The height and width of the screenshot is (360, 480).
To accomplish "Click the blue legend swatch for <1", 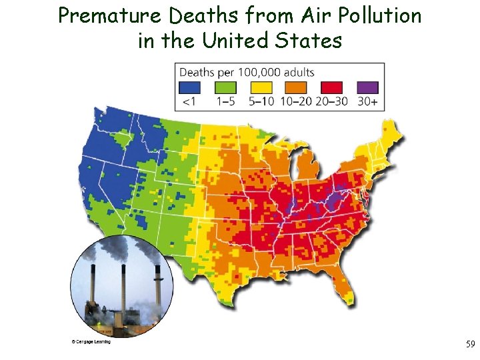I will [190, 87].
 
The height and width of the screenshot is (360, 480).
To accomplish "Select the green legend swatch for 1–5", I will [227, 87].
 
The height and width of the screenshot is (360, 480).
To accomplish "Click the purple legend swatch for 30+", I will [367, 87].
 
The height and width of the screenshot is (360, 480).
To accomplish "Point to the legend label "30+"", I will [368, 102].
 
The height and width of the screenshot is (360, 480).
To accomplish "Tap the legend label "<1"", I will [190, 102].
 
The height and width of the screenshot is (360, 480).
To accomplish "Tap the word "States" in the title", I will [310, 41].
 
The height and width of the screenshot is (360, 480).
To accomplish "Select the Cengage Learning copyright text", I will [91, 342].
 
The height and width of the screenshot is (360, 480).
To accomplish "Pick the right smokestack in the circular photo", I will [157, 284].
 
